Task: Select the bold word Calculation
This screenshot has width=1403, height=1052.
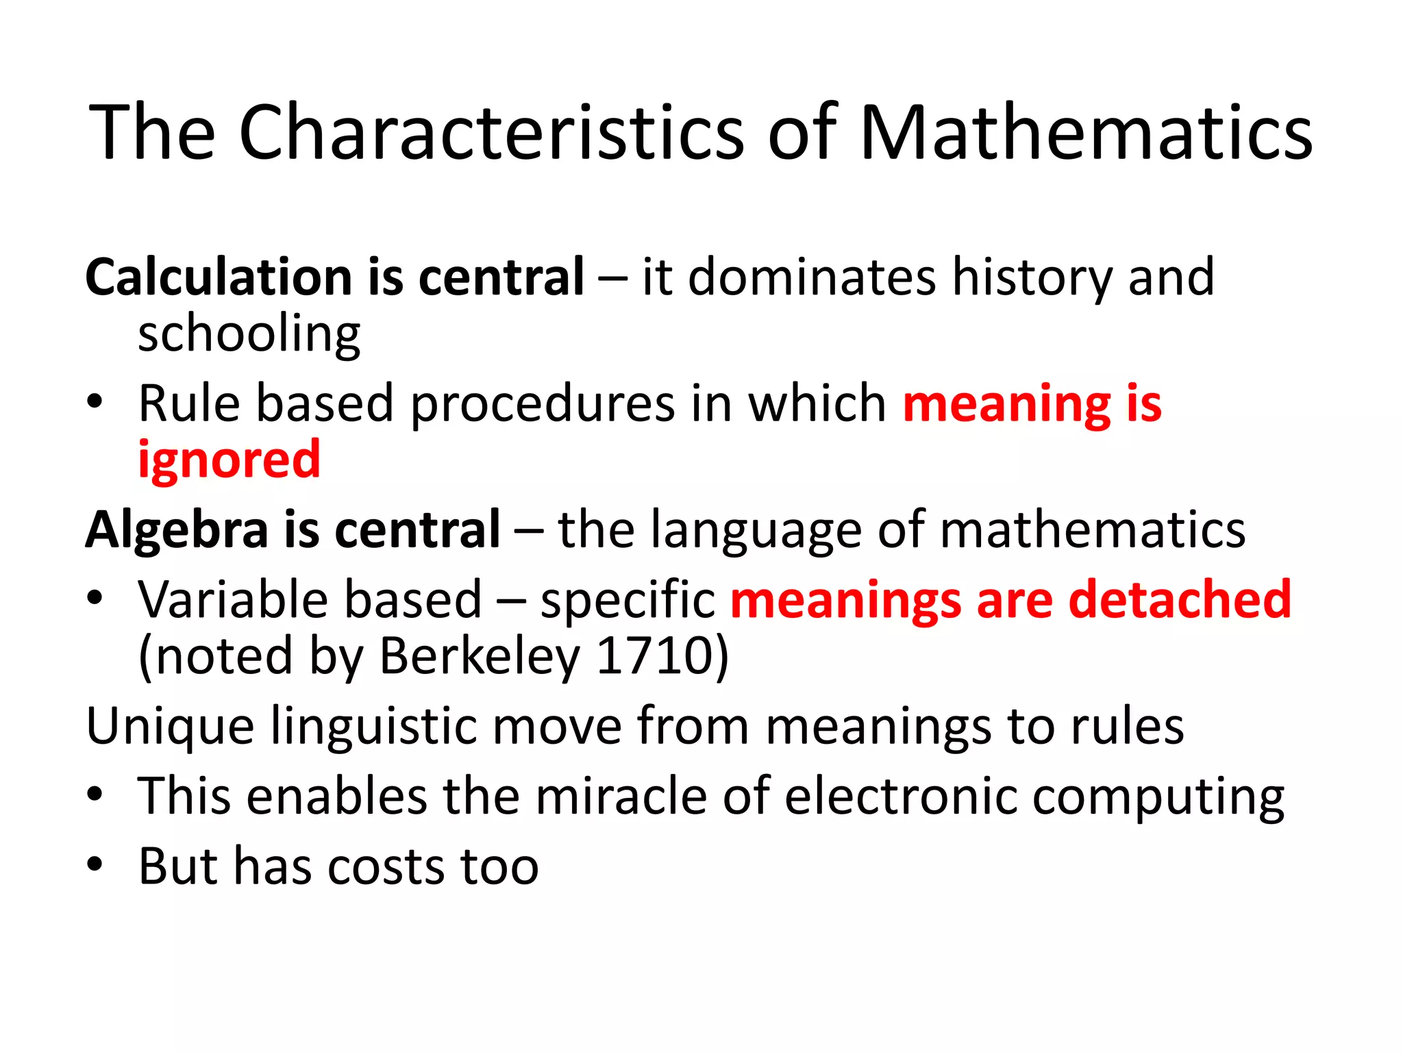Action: click(219, 277)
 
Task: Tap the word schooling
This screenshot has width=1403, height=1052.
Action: click(249, 336)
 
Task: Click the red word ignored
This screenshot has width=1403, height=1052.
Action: click(229, 461)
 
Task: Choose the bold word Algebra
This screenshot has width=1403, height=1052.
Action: click(177, 531)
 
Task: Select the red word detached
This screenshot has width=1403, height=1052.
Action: click(1180, 599)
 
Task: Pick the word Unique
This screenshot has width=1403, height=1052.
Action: click(170, 727)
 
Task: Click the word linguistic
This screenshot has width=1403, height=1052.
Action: click(374, 727)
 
